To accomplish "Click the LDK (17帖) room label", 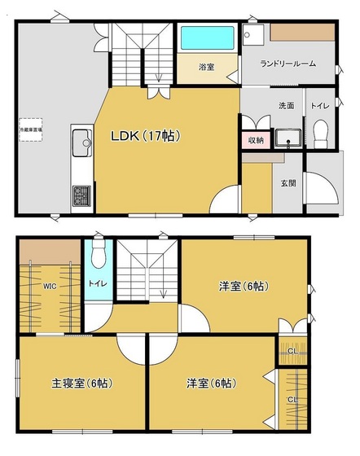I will point(146,135).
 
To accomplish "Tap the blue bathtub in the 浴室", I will point(207,37).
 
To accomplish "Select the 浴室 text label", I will point(207,68).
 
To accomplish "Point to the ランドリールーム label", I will point(288,64).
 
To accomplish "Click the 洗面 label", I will point(287,105).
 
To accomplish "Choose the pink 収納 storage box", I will point(256,140).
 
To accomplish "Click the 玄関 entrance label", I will point(288,182).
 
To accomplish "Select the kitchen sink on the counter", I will point(81,144).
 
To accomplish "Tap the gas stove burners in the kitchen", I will point(82,195).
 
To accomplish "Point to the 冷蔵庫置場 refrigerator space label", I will point(32,129).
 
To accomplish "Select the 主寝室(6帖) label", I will point(80,383).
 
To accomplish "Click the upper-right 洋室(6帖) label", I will point(242,286).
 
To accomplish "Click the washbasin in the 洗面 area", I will point(288,137).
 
